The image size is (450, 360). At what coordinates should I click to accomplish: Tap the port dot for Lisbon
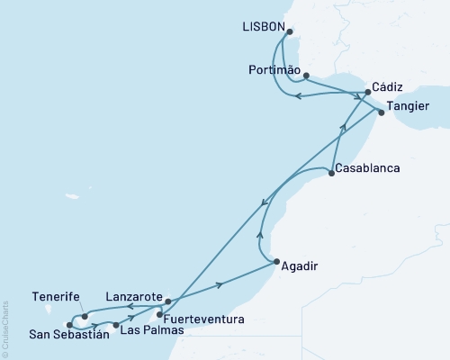click(289, 31)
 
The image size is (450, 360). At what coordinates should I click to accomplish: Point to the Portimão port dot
click(307, 75)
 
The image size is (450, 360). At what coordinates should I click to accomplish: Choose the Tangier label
click(408, 106)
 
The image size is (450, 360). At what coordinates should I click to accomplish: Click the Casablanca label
click(369, 168)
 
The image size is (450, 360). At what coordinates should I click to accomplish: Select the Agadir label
click(299, 266)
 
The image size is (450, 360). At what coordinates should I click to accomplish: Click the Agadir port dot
click(274, 262)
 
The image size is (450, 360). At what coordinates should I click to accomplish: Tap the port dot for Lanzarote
click(167, 301)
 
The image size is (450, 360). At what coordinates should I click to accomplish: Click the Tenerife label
click(57, 296)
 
